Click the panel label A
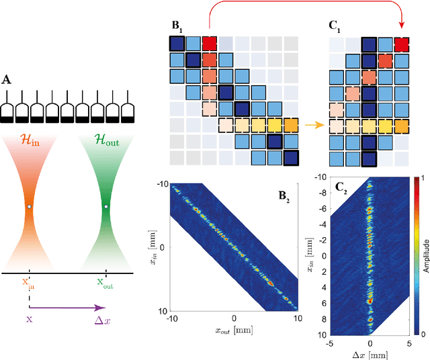point(7,80)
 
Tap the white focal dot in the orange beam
point(30,206)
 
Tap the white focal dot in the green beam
point(105,206)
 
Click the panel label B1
point(177,27)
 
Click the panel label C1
point(334,27)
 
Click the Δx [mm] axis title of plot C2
point(370,355)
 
